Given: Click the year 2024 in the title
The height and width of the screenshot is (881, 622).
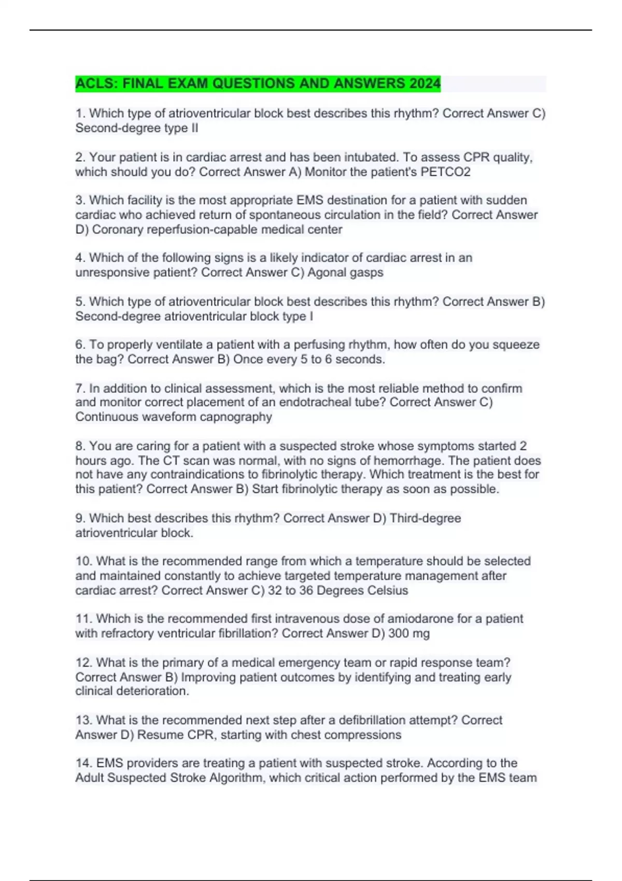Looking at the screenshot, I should point(424,83).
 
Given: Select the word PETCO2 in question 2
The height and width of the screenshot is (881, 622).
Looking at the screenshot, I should point(445,172).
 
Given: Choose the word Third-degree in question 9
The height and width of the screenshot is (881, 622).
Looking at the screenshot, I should point(425,518).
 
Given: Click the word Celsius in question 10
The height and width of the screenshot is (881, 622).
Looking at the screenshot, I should point(387,590).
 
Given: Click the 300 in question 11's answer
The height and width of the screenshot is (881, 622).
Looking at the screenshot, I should point(399,633).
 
